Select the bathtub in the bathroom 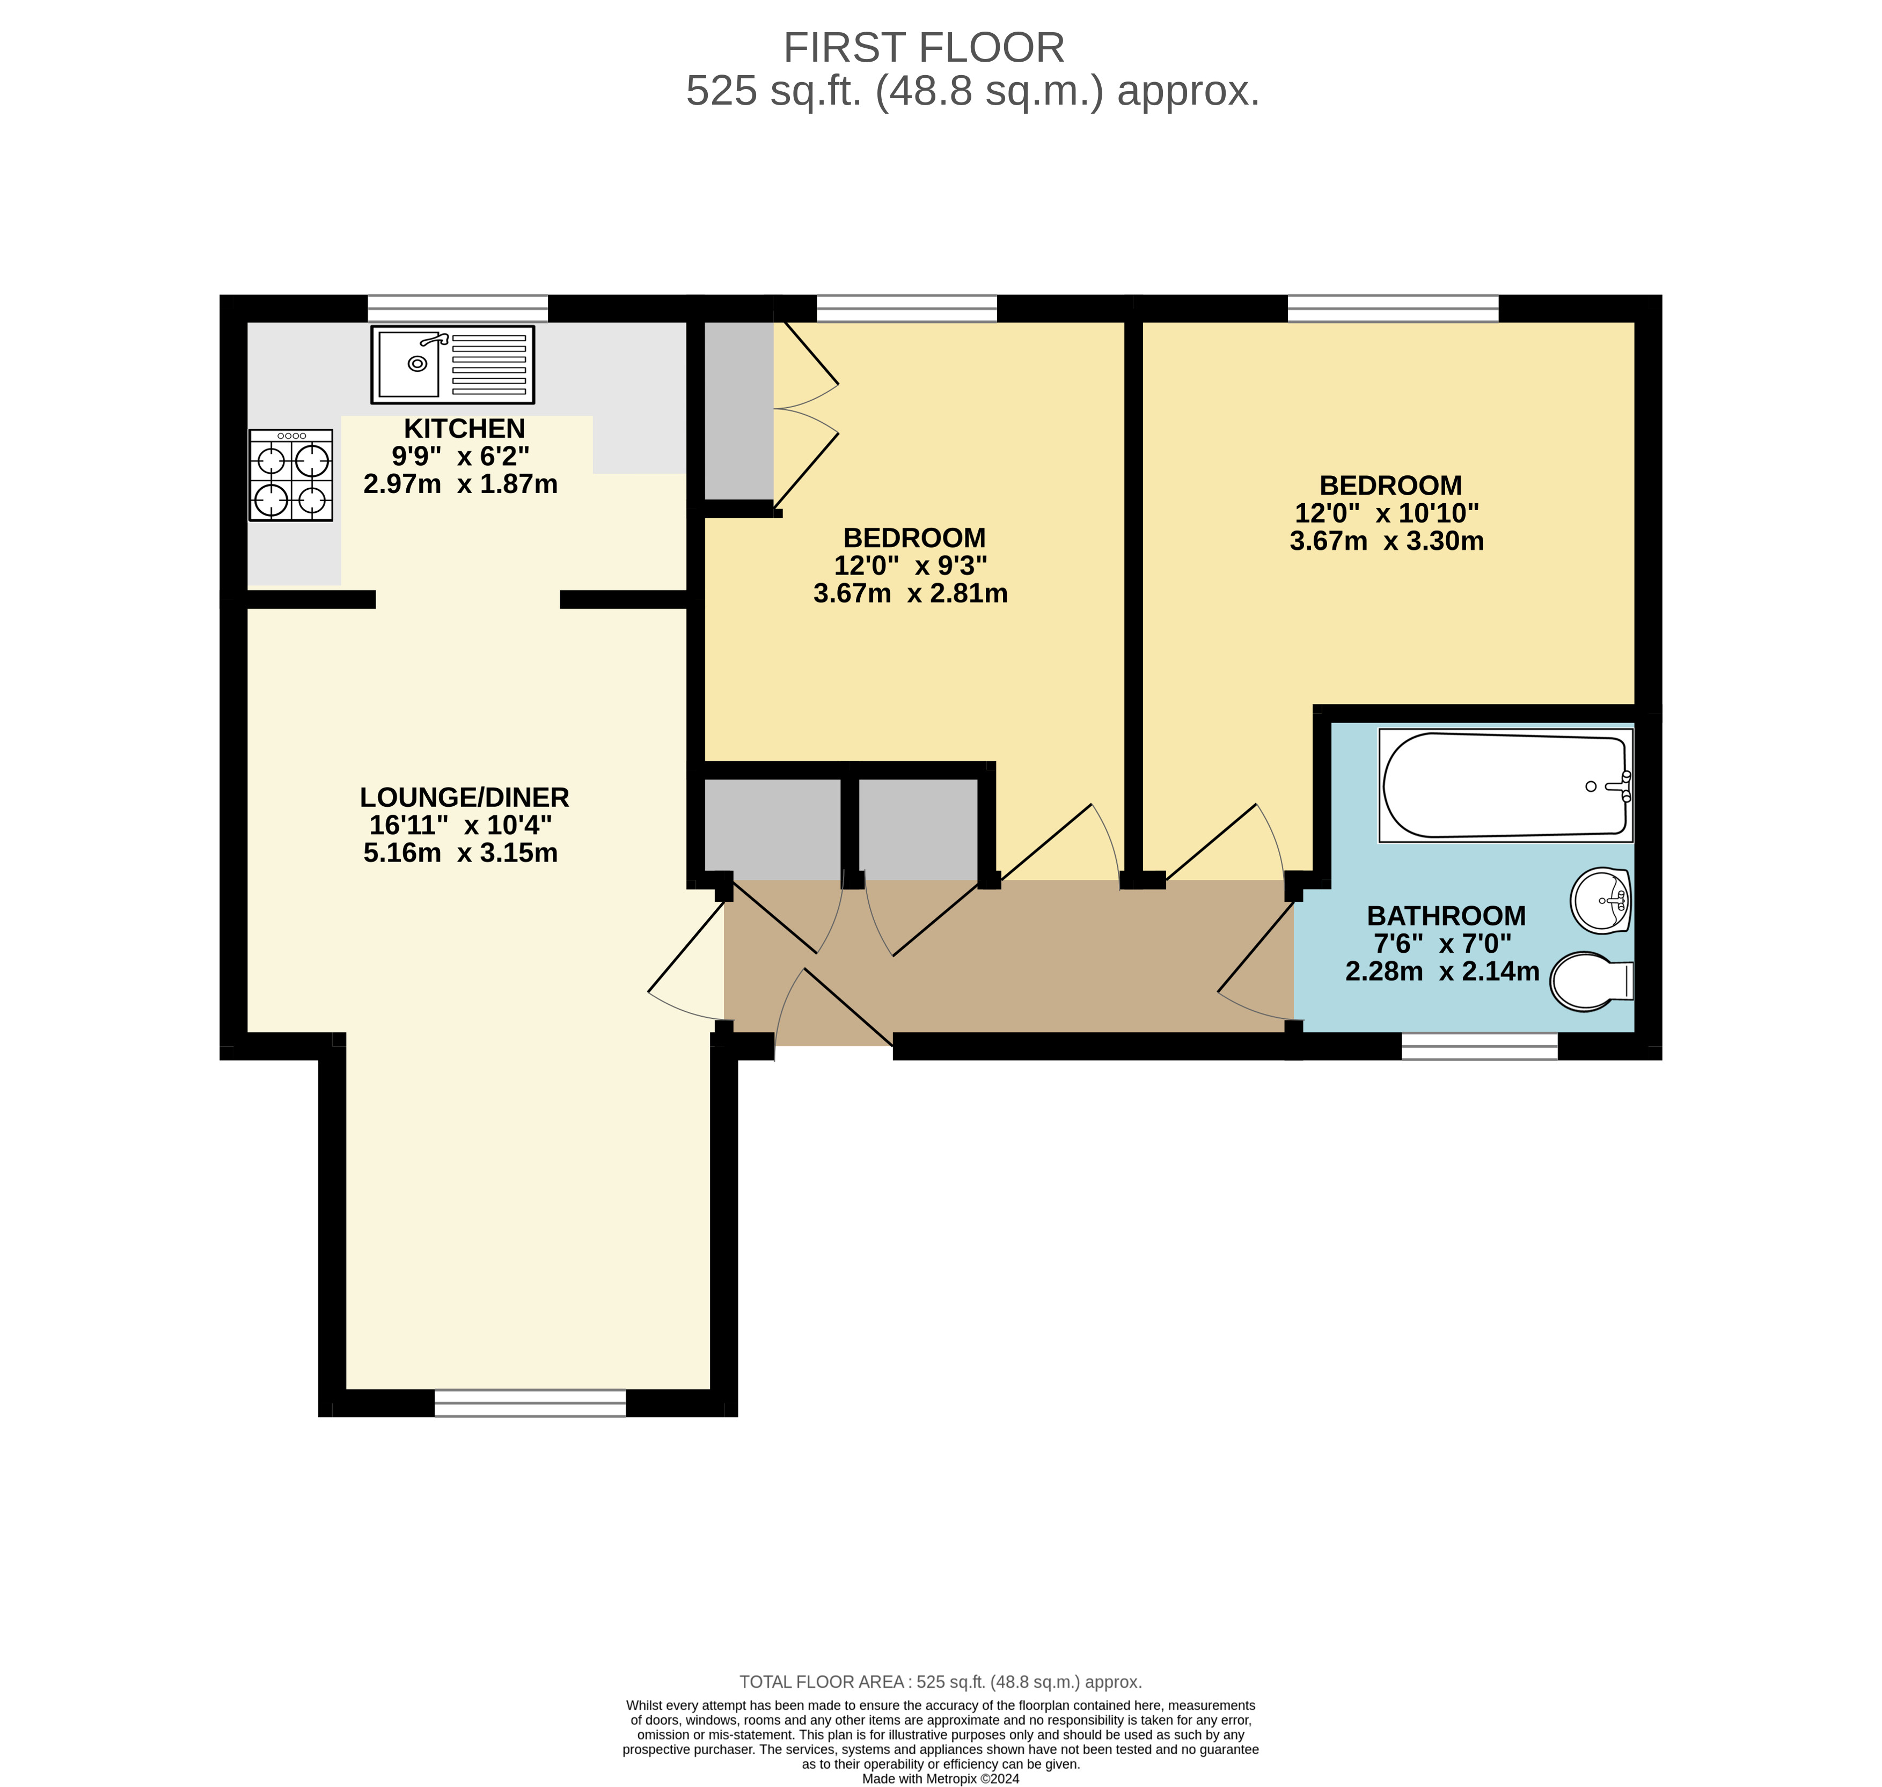point(1506,786)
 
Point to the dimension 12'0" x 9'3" point(910,566)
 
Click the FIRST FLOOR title point(924,48)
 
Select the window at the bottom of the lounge point(530,1403)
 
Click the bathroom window point(1479,1047)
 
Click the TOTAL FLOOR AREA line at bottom point(941,1682)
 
